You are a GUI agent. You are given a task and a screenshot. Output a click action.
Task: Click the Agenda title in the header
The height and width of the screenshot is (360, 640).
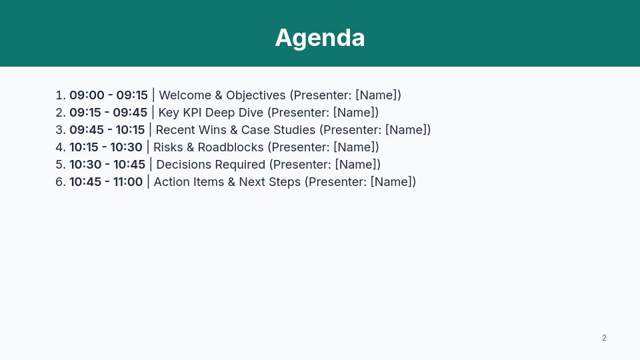[320, 38]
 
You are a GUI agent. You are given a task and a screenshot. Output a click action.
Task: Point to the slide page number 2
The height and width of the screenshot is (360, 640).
[604, 338]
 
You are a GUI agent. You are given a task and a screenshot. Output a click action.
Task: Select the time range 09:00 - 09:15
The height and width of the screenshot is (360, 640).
[109, 95]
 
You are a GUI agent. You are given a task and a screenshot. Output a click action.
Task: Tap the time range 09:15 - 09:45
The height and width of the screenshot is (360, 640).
[108, 113]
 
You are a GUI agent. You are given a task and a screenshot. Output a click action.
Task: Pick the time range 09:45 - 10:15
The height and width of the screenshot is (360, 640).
[107, 130]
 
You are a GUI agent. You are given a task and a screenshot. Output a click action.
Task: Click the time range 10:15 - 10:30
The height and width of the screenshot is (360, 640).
[106, 147]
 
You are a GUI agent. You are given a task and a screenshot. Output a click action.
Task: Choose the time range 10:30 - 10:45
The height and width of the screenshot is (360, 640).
[107, 165]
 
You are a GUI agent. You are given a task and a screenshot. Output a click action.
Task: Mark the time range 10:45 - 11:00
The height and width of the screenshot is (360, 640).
[106, 182]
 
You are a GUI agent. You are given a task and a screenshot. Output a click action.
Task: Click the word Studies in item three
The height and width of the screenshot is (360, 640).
[295, 130]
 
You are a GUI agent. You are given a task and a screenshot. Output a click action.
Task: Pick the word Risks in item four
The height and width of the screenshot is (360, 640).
[169, 147]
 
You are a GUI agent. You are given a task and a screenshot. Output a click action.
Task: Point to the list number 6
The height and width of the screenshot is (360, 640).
[59, 182]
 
